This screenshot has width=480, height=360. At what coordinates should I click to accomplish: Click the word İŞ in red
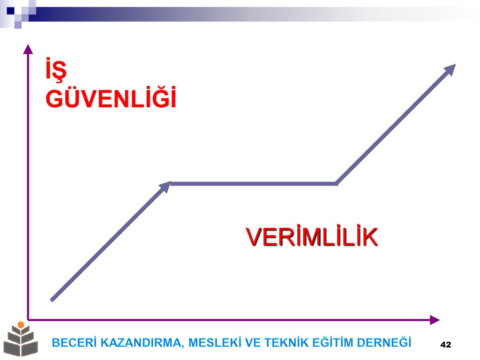tap(56, 70)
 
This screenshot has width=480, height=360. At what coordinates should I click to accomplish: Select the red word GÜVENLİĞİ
tap(111, 97)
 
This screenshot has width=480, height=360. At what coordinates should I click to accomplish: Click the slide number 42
tap(446, 345)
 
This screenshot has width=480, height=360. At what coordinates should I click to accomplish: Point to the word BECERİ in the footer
tap(74, 342)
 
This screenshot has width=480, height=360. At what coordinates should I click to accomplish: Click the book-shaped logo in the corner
tap(21, 339)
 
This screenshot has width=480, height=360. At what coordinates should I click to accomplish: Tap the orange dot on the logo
tap(21, 324)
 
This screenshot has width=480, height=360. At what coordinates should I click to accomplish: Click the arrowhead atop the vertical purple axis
tap(28, 49)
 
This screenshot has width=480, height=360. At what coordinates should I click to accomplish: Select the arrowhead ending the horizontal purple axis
tap(435, 320)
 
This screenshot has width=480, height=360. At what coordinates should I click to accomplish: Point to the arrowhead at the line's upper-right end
tap(450, 70)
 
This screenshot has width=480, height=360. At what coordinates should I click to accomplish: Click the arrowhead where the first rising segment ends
tap(165, 187)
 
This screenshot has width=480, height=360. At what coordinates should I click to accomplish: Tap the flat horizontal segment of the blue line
tap(254, 184)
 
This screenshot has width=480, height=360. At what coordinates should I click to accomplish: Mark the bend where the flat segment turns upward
tap(337, 184)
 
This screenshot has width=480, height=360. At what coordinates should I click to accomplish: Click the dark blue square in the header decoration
tap(11, 11)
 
